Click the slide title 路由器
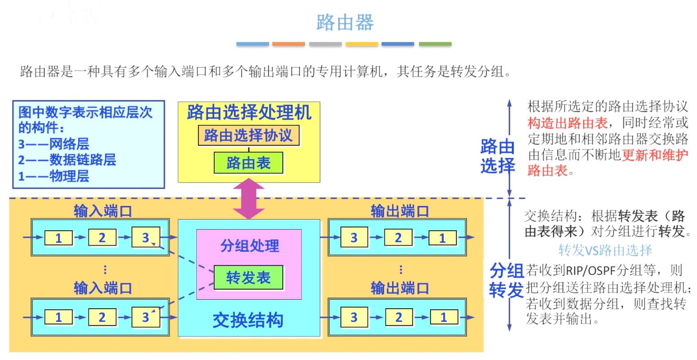point(345,22)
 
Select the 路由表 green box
point(248,163)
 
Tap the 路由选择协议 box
point(248,135)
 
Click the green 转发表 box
point(248,278)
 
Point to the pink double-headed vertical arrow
point(248,199)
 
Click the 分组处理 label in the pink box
point(249,246)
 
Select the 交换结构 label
point(248,320)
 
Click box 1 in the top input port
point(59,237)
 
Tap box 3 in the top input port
point(145,237)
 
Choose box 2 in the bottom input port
point(102,317)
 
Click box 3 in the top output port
point(354,237)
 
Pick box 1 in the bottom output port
point(443,317)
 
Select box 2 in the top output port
point(398,237)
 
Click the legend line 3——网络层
point(54,144)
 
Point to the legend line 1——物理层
point(54,176)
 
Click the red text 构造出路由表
point(567,123)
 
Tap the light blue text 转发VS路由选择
point(605,250)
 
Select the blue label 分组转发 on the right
point(506,280)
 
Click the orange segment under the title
point(289,44)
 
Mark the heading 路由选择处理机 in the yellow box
point(249,113)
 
